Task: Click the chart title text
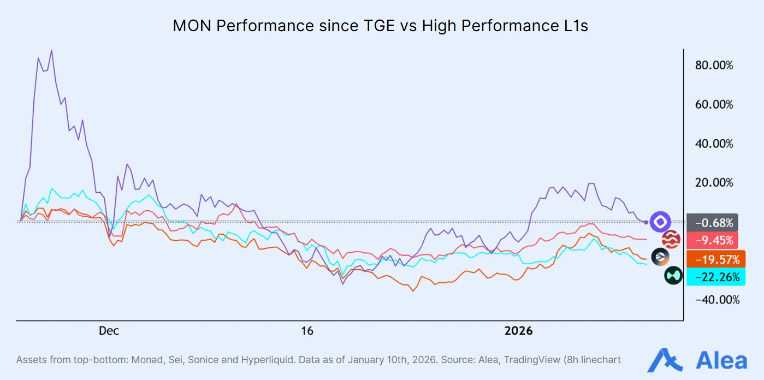381,26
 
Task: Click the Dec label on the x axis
109,331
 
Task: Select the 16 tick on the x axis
307,331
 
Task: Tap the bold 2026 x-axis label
518,331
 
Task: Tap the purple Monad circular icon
660,222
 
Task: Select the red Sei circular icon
671,239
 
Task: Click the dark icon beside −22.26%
673,276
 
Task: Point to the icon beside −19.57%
660,257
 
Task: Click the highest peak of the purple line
51,50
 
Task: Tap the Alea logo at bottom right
697,360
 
